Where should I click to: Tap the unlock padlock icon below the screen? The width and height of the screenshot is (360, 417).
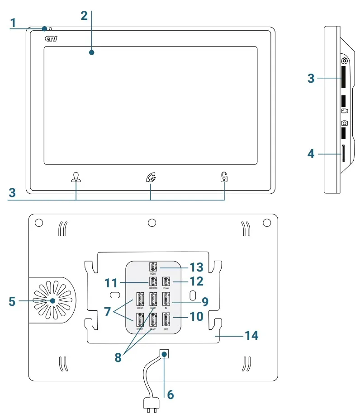pos(224,177)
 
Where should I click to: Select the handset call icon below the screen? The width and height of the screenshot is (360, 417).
pos(151,177)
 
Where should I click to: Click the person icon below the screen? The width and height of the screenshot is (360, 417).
pos(76,177)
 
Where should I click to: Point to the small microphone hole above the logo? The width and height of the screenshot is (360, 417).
pos(50,29)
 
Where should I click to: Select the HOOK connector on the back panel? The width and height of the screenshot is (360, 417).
pos(153,267)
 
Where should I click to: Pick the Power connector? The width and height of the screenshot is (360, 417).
pos(166,281)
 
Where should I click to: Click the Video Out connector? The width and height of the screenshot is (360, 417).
pos(153,281)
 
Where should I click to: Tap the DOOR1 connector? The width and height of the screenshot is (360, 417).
pos(140,300)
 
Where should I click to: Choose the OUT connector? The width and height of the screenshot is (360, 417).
pos(166,319)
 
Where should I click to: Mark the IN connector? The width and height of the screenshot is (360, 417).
pos(166,300)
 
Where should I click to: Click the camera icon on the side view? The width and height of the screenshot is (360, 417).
pos(345,123)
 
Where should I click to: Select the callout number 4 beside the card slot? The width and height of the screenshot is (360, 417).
pos(311,154)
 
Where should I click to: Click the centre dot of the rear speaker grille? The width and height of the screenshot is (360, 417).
pos(52,301)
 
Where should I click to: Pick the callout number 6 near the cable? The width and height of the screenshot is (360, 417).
pos(170,394)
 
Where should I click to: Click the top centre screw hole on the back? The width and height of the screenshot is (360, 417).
pos(152,223)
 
